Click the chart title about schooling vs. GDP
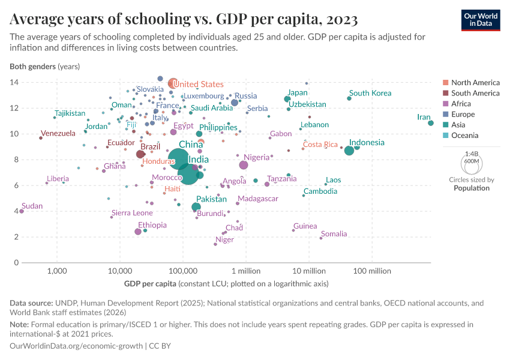pyautogui.click(x=184, y=20)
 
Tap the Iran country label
pyautogui.click(x=425, y=117)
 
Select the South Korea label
pyautogui.click(x=370, y=93)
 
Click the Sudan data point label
pyautogui.click(x=32, y=206)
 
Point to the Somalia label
pyautogui.click(x=334, y=234)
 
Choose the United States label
pyautogui.click(x=198, y=85)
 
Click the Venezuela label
pyautogui.click(x=58, y=133)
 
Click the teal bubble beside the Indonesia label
pyautogui.click(x=349, y=150)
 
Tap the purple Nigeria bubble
pyautogui.click(x=244, y=165)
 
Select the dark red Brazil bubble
pyautogui.click(x=140, y=154)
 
